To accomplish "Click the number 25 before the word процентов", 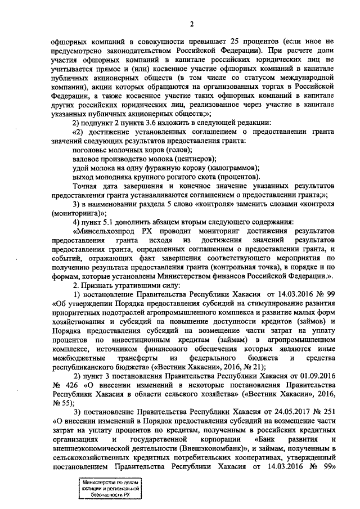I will click(x=226, y=42).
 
